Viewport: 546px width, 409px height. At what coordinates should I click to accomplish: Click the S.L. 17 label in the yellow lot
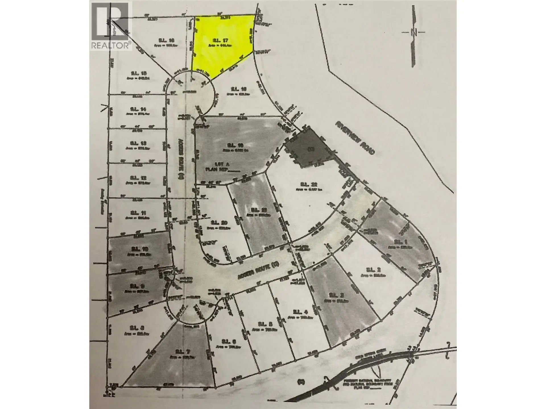click(219, 41)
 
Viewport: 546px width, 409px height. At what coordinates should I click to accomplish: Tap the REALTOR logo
click(111, 26)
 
